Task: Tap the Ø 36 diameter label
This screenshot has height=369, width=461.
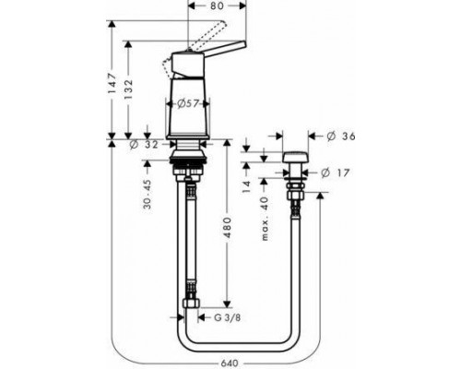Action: tap(341, 136)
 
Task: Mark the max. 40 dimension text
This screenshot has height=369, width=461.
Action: tap(265, 220)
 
